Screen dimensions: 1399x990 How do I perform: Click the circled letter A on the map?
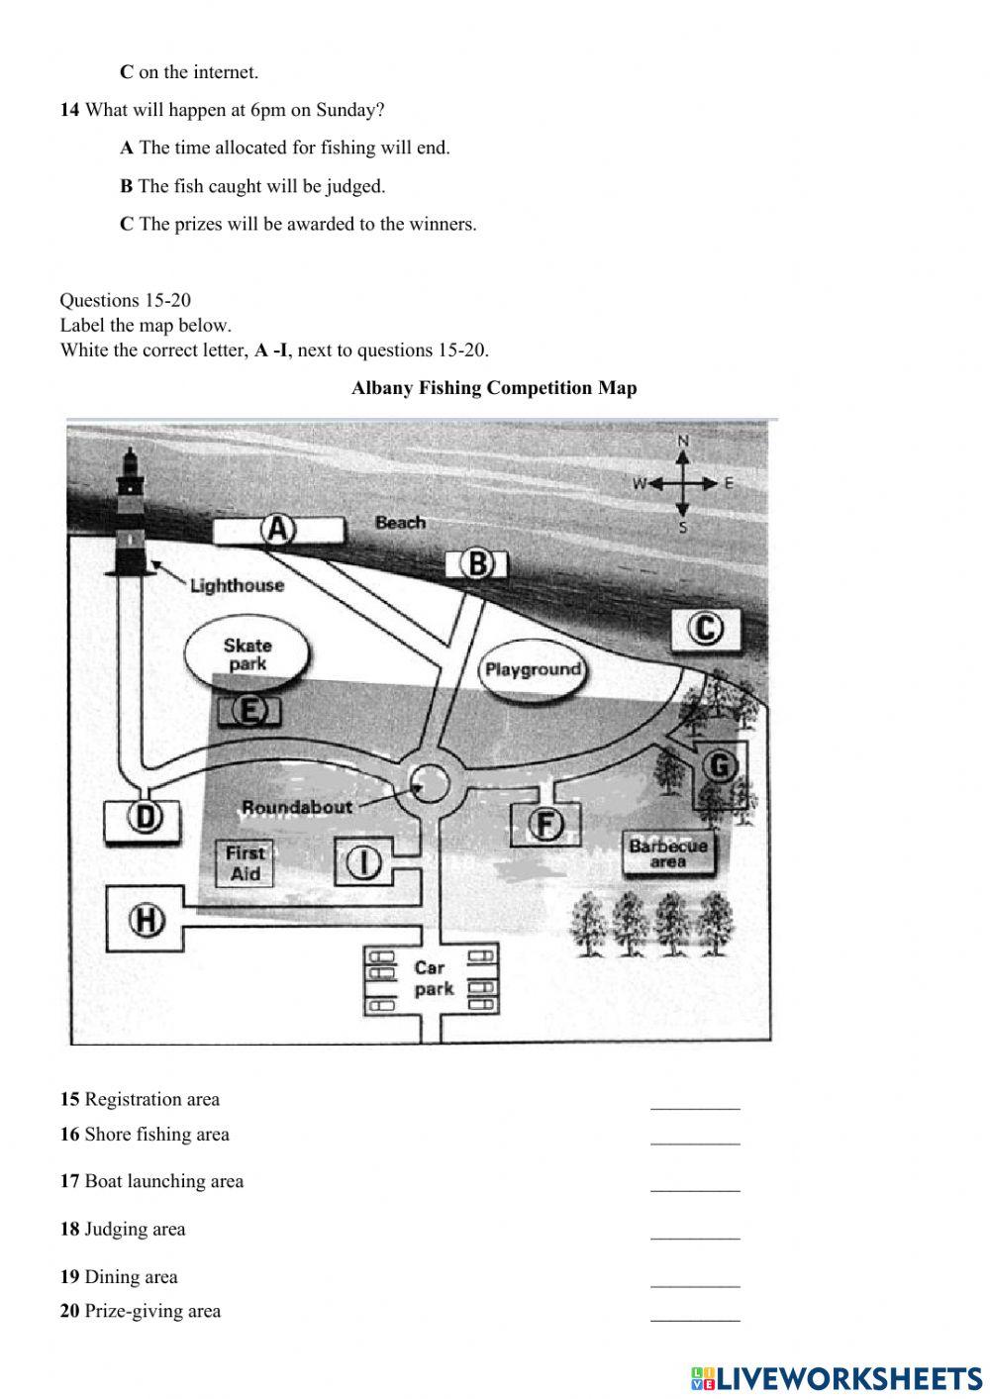tap(278, 531)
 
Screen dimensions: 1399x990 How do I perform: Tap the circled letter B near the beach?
tap(478, 564)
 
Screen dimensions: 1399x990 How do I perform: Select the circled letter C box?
tap(705, 629)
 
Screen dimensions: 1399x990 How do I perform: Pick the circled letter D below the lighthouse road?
tap(145, 818)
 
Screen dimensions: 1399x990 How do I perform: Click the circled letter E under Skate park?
tap(250, 709)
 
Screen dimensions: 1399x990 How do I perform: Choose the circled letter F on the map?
tap(545, 823)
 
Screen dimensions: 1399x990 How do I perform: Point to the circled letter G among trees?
tap(721, 765)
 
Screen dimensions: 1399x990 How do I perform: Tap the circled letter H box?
tap(146, 920)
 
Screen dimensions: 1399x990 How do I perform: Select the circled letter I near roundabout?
tap(365, 862)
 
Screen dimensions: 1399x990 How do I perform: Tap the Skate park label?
tap(247, 654)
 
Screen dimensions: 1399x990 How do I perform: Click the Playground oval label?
tap(533, 670)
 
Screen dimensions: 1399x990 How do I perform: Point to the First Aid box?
tap(245, 863)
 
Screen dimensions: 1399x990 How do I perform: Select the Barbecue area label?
tap(668, 853)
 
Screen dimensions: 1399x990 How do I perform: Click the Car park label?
tap(433, 978)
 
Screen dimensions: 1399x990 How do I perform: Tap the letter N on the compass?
tap(682, 441)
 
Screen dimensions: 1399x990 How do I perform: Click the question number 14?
tap(69, 110)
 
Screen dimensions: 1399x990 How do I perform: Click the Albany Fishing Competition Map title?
tap(494, 388)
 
